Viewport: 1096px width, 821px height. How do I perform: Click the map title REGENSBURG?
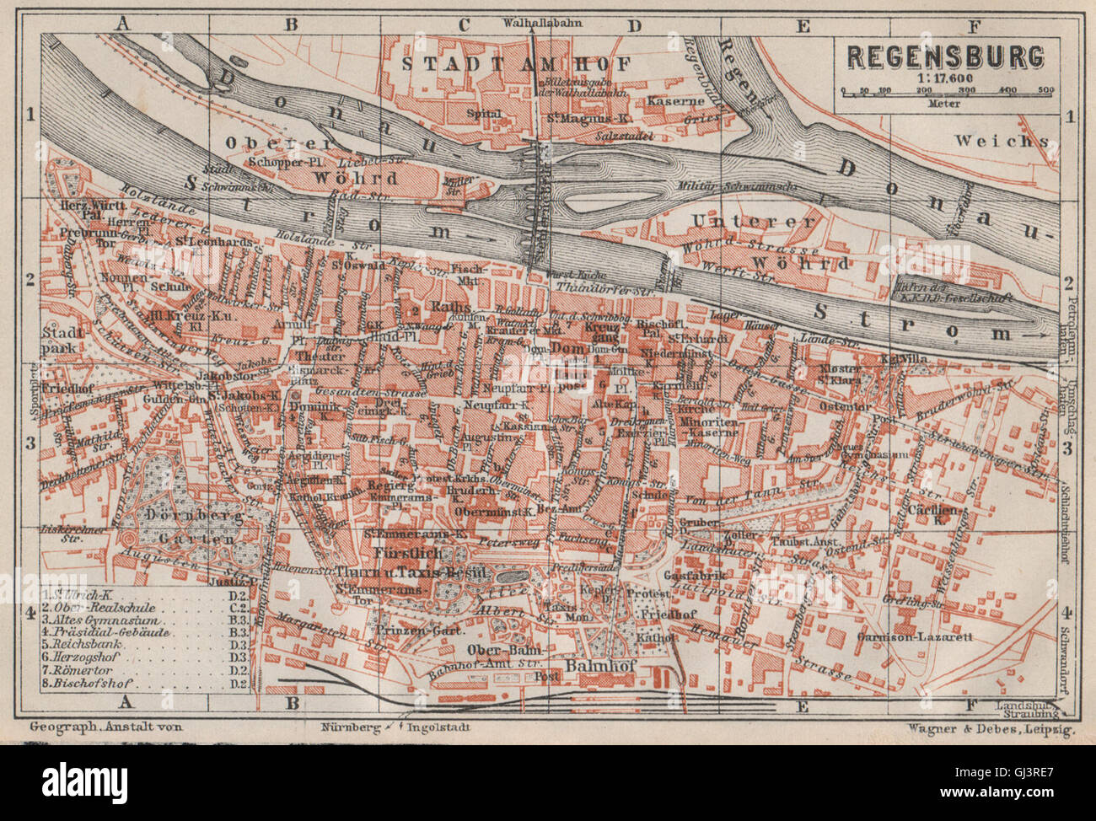click(x=945, y=56)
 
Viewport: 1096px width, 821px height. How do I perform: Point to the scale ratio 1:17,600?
click(x=944, y=78)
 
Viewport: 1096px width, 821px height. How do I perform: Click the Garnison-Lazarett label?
click(x=927, y=637)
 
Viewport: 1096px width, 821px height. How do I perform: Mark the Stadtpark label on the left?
click(x=60, y=339)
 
